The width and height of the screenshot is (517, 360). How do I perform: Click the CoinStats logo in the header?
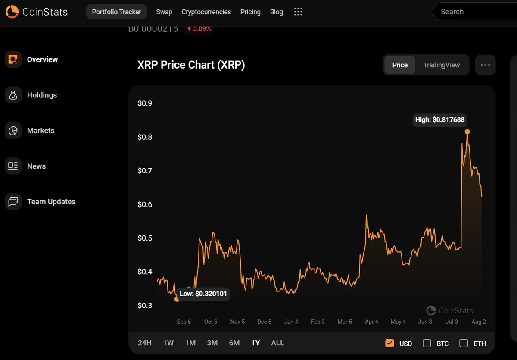point(37,12)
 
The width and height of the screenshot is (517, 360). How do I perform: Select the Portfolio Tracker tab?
point(116,12)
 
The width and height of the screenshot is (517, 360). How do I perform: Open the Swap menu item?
point(164,12)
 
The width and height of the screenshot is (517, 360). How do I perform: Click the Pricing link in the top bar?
point(250,12)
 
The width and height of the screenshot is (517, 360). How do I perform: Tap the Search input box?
point(474,12)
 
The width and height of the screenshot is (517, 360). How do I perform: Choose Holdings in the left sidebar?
point(42,95)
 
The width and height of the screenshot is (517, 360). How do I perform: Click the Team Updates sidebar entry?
point(51,202)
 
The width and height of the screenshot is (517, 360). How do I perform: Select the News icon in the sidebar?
point(13,166)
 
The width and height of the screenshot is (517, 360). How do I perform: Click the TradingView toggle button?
point(441,65)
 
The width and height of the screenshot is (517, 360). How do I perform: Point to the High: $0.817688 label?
point(439,120)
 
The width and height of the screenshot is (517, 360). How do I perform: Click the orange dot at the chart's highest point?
point(467,132)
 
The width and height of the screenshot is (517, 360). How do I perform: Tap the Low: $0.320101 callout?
point(203,294)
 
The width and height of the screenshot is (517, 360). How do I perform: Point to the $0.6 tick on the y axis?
point(145,204)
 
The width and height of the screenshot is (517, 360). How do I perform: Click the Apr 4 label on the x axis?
point(371,322)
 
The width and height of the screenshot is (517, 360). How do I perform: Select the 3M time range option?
point(212,343)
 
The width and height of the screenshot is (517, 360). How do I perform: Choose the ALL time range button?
point(277,343)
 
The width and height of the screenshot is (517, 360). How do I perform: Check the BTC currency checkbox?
point(427,343)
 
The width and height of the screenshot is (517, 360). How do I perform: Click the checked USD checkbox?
point(389,343)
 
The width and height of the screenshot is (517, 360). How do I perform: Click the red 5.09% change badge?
point(199,29)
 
